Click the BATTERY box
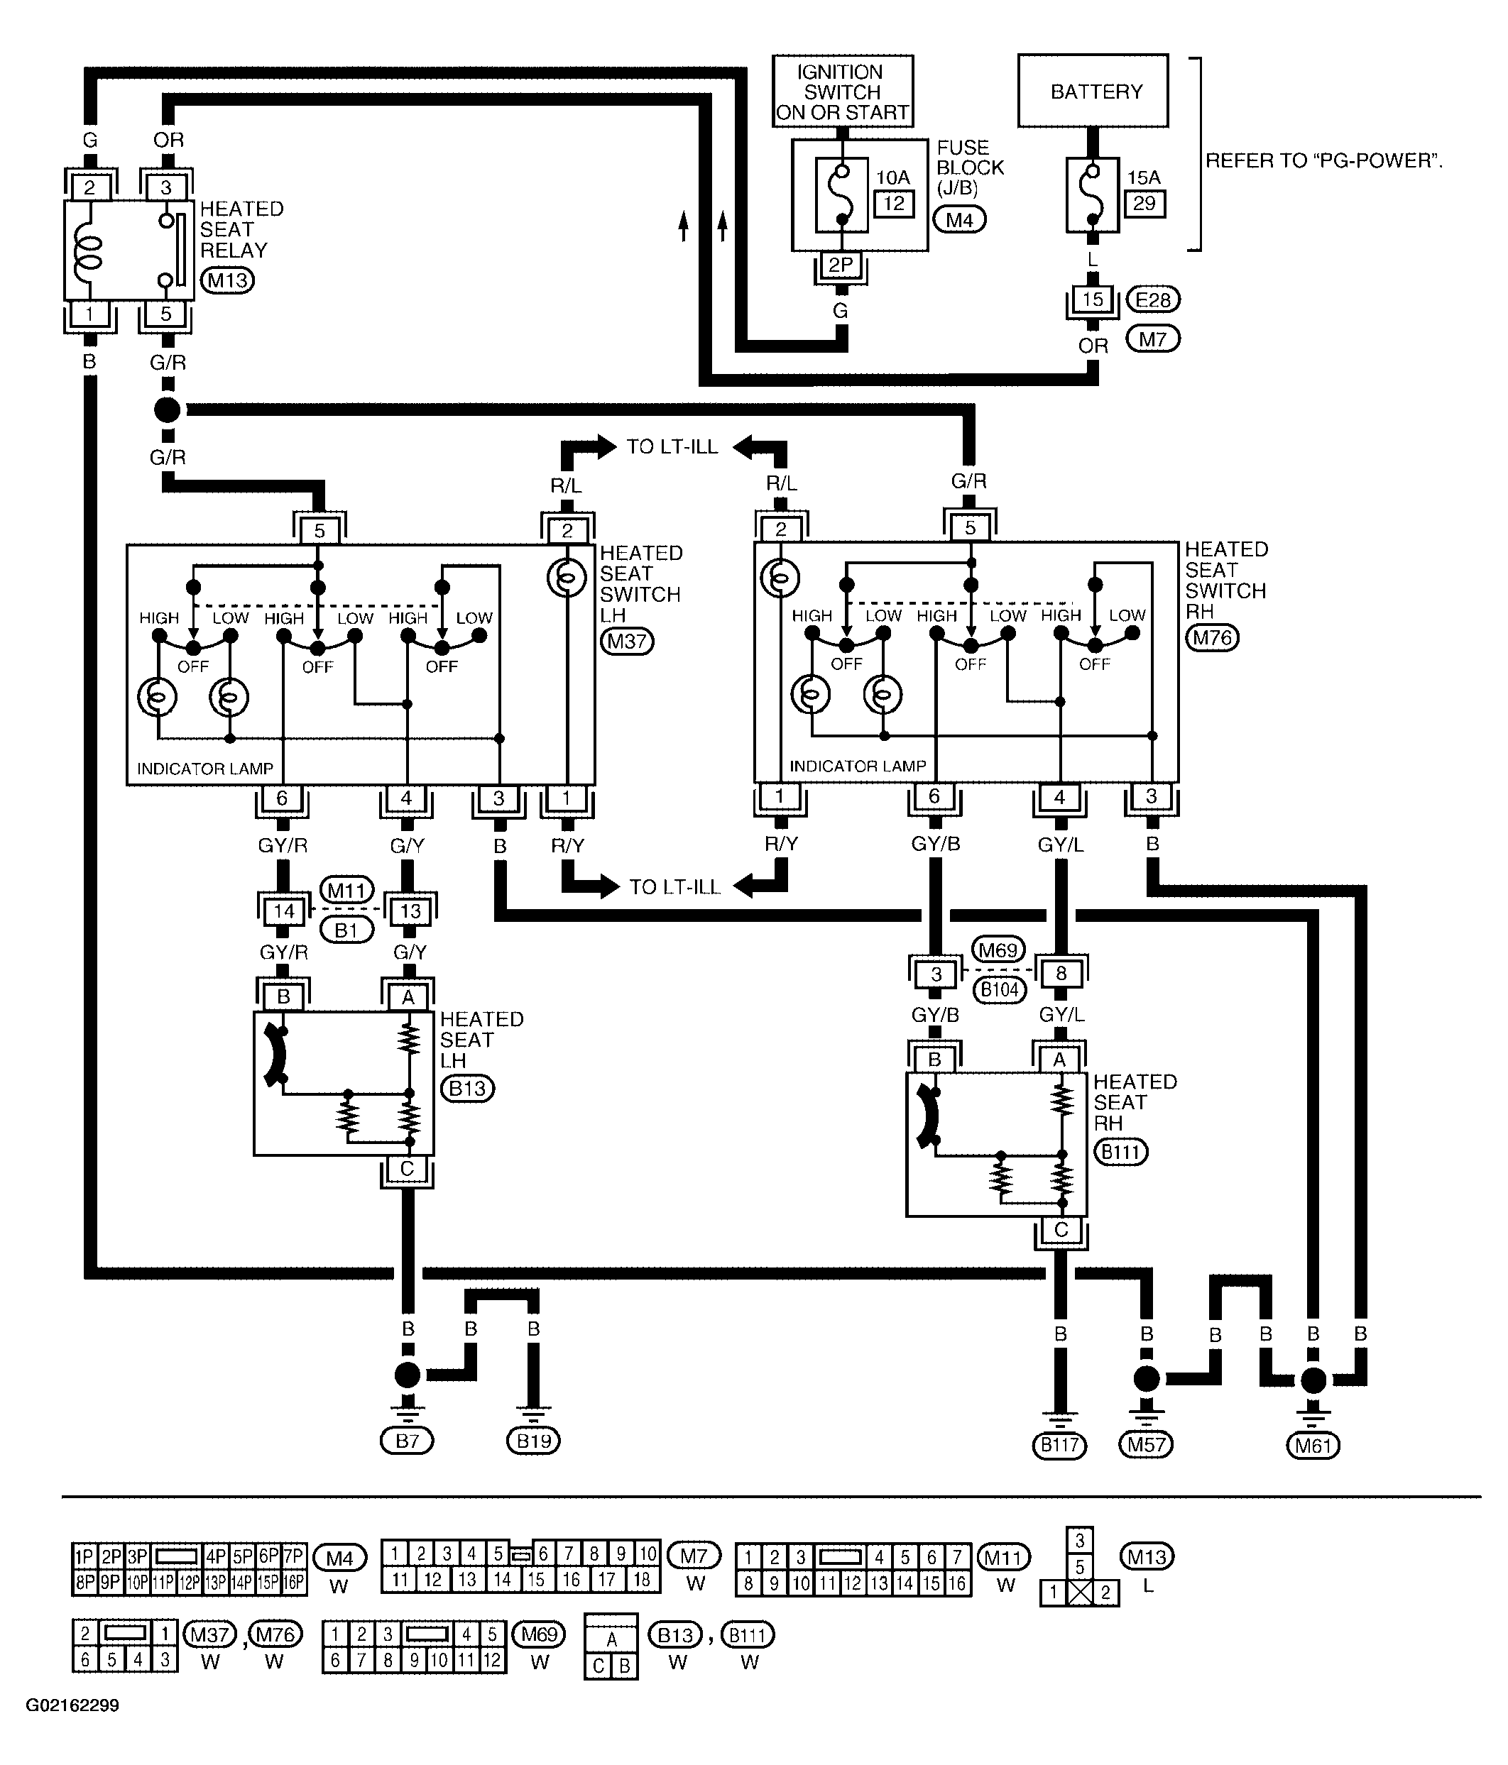coord(1093,91)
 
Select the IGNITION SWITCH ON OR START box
coord(843,91)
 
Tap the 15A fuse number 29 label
coord(1144,204)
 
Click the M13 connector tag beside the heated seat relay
coord(227,280)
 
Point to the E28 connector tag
coord(1153,300)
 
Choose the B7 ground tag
coord(408,1441)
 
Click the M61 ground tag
coord(1313,1445)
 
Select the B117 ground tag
coord(1059,1445)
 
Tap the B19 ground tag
coord(534,1441)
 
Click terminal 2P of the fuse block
coord(841,265)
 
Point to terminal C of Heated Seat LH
coord(408,1169)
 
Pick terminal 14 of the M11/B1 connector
coord(284,911)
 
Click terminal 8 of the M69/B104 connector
coord(1061,974)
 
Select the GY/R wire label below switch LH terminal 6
coord(283,846)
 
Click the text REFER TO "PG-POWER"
coord(1324,161)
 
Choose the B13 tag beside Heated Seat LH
coord(468,1089)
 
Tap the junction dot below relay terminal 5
coord(167,409)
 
